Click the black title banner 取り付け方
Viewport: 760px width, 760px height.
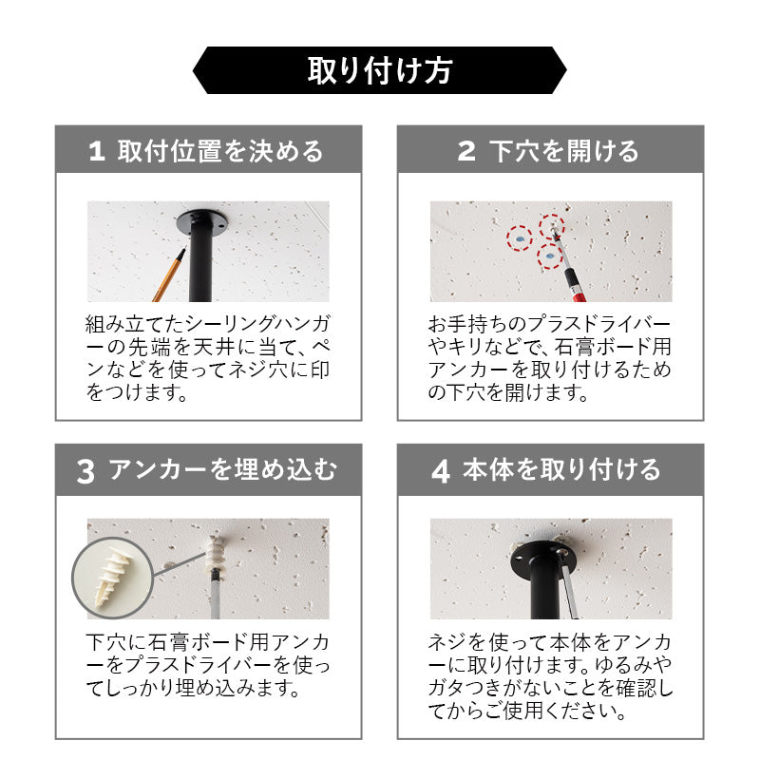click(x=379, y=70)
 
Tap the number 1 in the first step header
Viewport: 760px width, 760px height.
click(x=97, y=151)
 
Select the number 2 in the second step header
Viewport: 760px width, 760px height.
click(x=466, y=151)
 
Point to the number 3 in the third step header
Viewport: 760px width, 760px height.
click(x=85, y=471)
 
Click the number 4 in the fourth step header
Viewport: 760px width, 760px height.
click(x=441, y=471)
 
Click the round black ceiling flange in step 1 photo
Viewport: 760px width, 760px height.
click(x=201, y=221)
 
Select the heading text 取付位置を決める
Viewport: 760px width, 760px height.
click(x=220, y=151)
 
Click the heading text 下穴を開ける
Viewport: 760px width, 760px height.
click(x=563, y=151)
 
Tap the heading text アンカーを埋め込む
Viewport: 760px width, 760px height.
click(x=222, y=470)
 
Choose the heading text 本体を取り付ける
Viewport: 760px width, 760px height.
click(x=561, y=470)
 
